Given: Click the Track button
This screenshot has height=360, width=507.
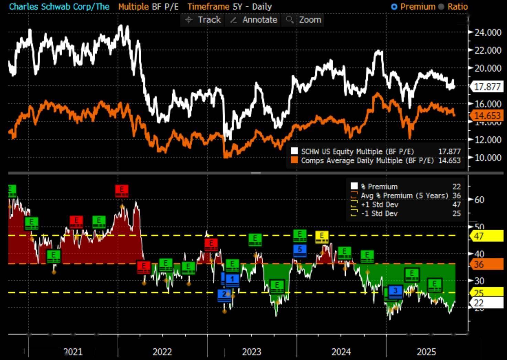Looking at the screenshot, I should pos(203,20).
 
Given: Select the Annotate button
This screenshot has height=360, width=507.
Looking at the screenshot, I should pos(253,20).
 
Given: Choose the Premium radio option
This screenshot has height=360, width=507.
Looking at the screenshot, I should pos(395,7).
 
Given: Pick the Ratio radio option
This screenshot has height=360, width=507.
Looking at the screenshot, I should pos(441,7).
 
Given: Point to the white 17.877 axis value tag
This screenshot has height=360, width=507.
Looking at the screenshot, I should pos(487,86).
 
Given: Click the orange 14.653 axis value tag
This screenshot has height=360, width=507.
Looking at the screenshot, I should pos(487,115).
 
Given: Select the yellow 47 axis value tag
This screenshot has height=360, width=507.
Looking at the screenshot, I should pos(486,236).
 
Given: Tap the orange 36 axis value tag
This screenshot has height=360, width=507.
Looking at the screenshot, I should pos(486,264).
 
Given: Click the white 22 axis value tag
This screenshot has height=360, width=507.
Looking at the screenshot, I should pos(486,303).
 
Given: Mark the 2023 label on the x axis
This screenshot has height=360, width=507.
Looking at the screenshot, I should pos(251,352).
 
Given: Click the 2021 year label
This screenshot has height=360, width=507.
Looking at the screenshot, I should pos(73,352).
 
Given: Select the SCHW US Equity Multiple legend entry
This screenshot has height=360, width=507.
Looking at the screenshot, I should pos(358,151).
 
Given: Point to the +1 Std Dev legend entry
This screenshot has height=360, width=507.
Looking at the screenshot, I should pos(379,204).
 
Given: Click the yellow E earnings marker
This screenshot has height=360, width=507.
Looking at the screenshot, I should pos(322,236).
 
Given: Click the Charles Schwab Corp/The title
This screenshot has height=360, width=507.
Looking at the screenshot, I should pos(60,7).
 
